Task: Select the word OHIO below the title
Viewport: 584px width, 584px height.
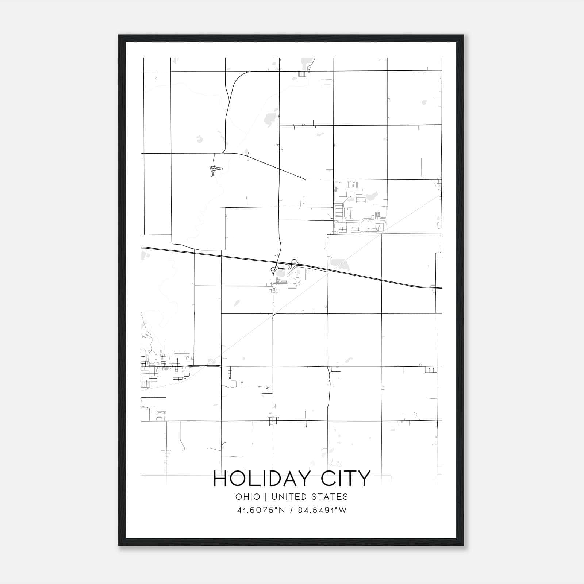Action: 248,497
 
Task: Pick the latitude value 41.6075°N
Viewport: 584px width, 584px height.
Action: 261,510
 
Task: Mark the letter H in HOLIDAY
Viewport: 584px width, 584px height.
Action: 220,479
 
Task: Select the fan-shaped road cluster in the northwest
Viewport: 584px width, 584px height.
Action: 215,170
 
